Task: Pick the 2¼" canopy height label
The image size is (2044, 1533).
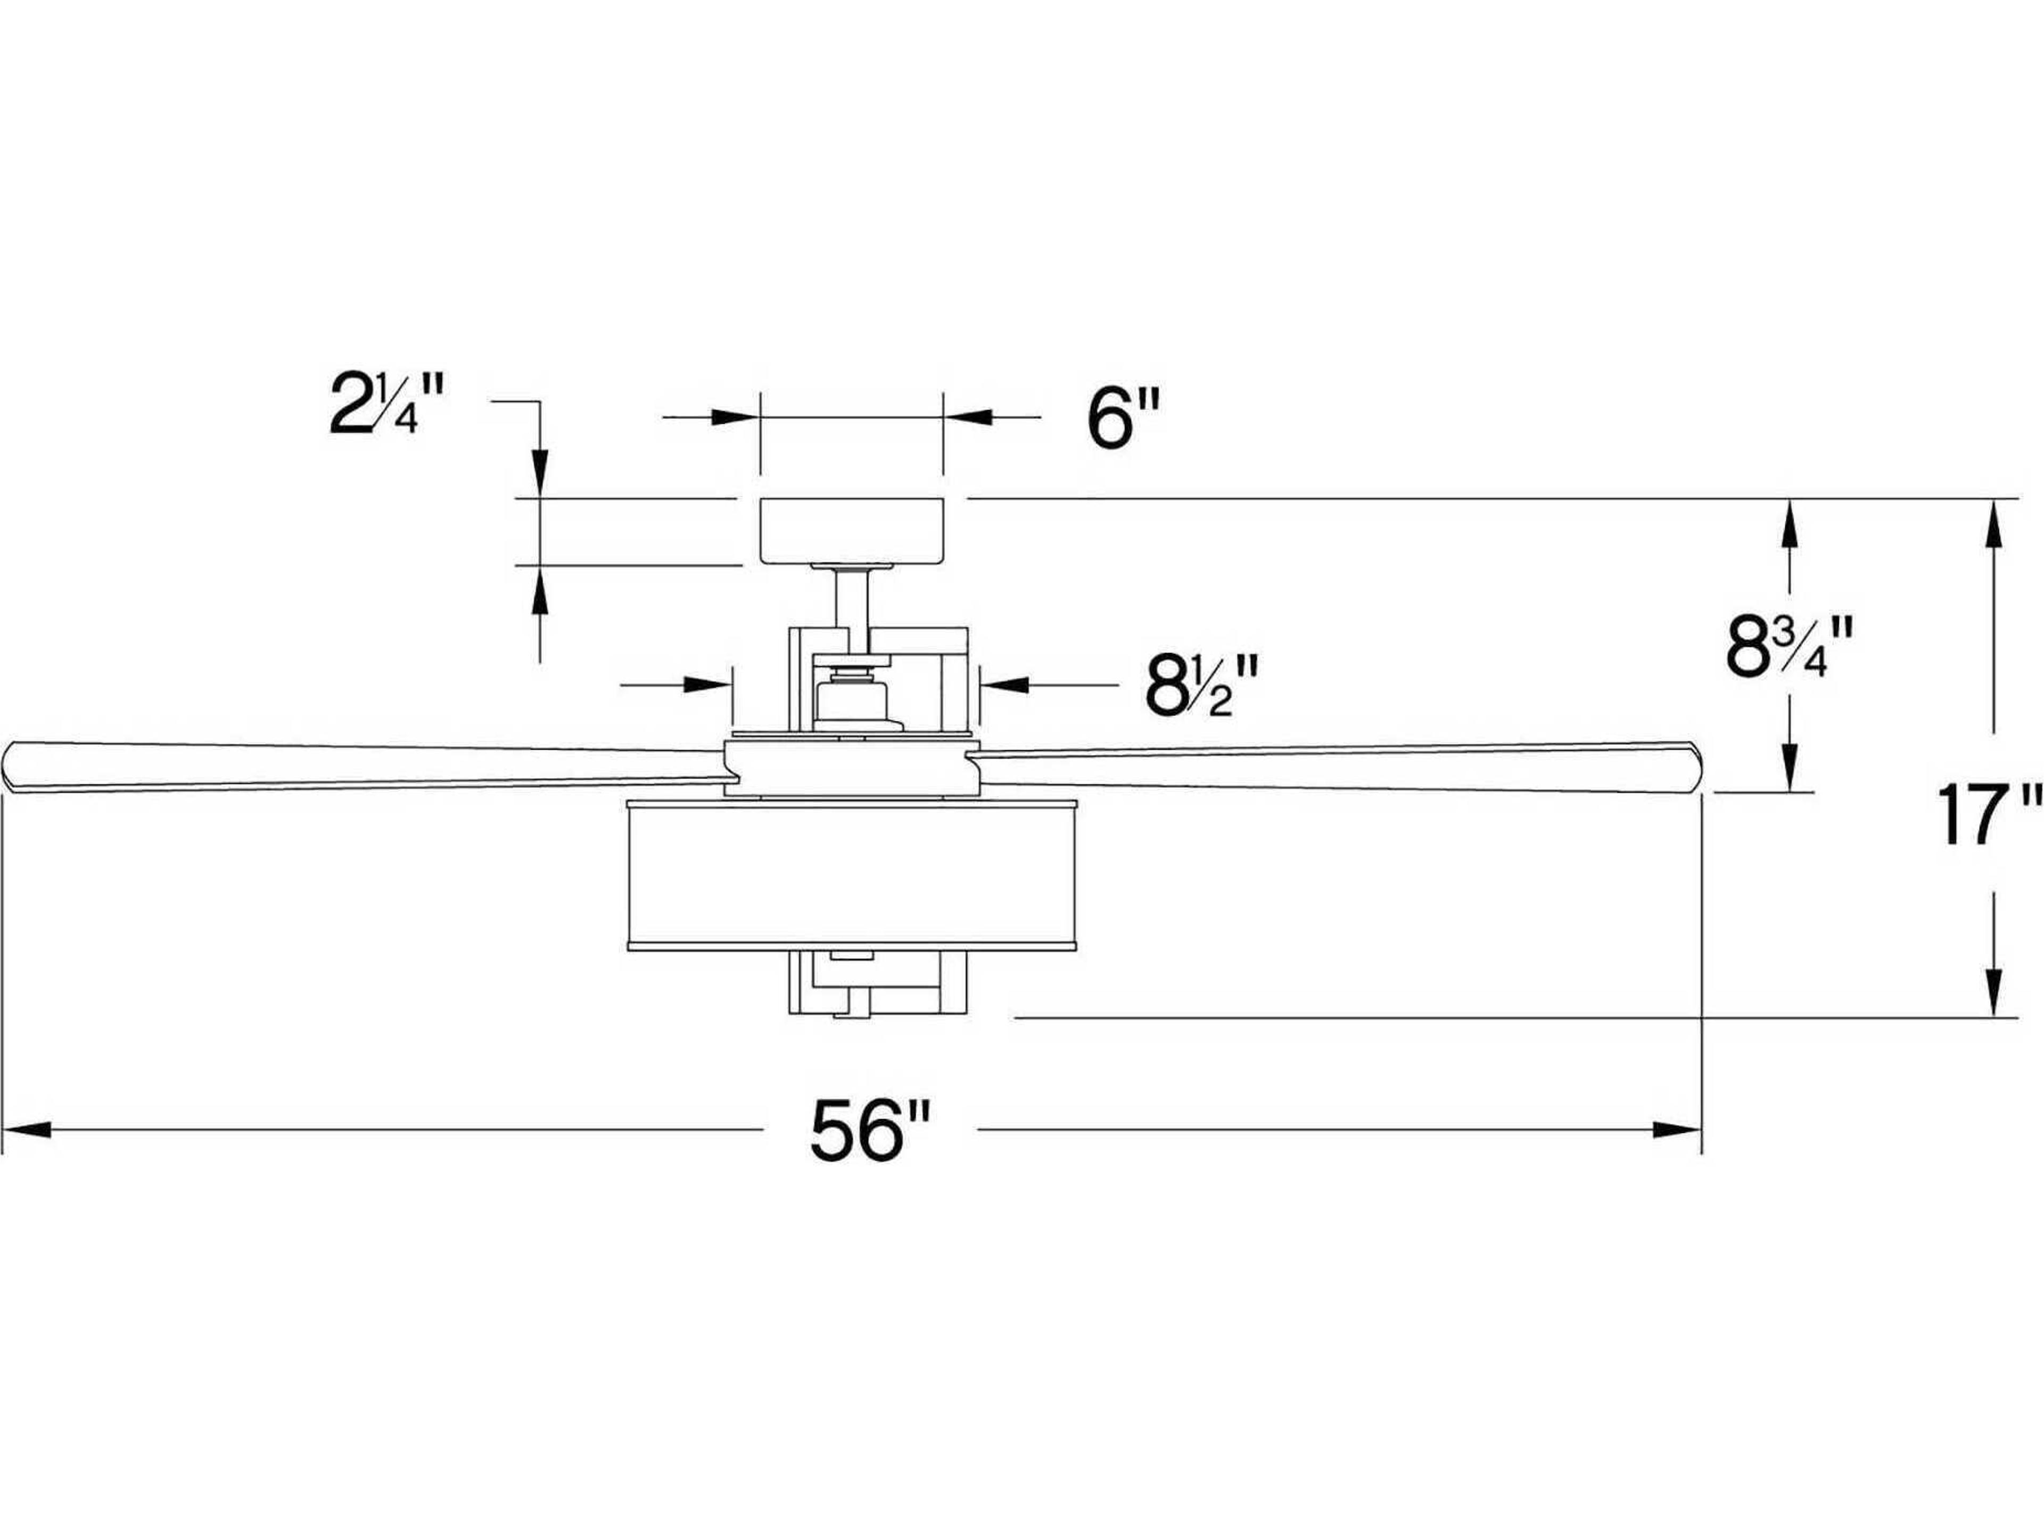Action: [x=387, y=405]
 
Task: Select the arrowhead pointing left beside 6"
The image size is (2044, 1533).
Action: [x=966, y=418]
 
